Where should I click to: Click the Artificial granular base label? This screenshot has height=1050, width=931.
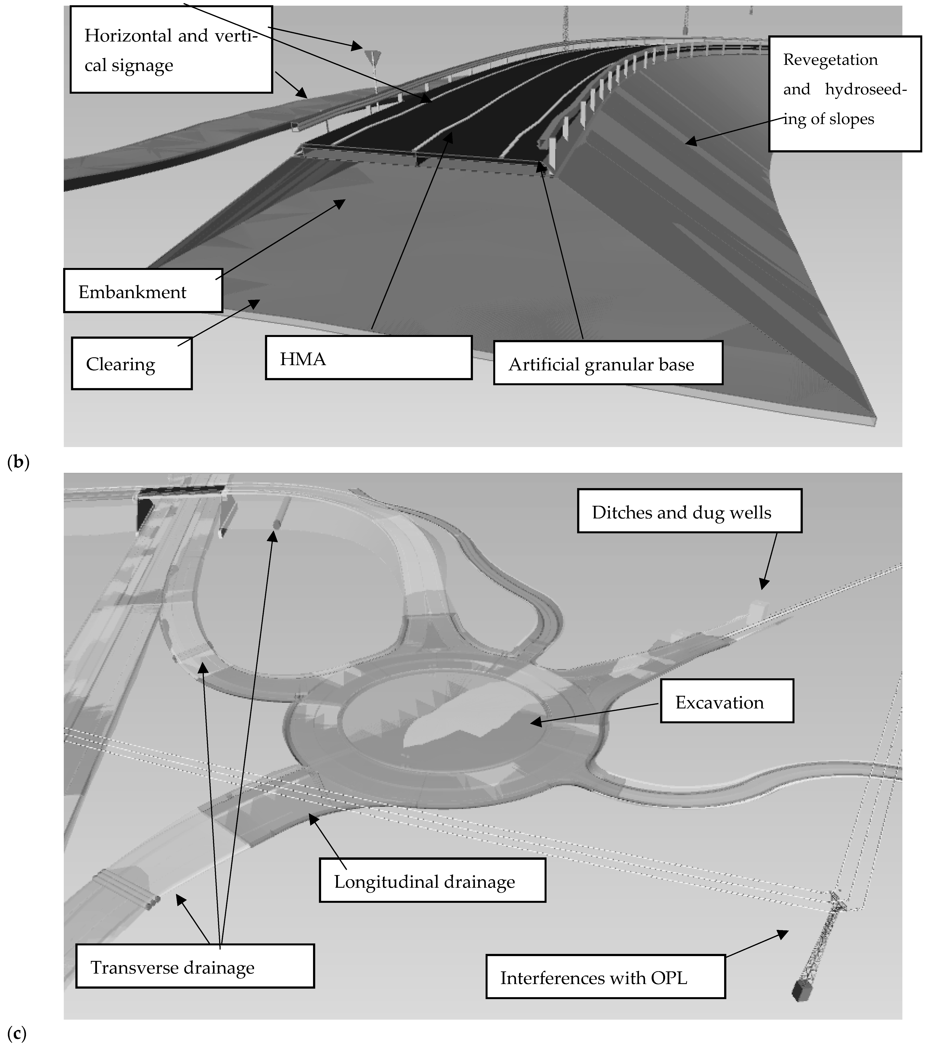pyautogui.click(x=601, y=364)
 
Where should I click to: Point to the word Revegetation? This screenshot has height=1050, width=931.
pyautogui.click(x=830, y=60)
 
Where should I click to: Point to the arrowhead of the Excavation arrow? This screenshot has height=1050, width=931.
pyautogui.click(x=533, y=722)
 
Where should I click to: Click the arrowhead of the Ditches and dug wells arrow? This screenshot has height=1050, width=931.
pyautogui.click(x=763, y=586)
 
